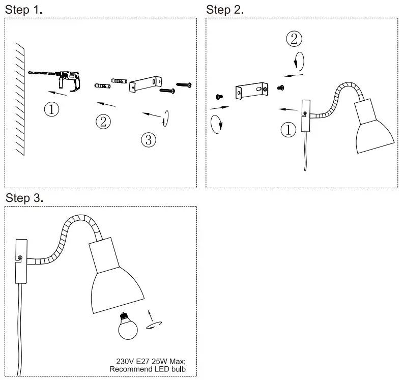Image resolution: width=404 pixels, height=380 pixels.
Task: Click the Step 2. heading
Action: (x=225, y=10)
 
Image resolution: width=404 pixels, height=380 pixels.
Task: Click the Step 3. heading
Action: (x=24, y=198)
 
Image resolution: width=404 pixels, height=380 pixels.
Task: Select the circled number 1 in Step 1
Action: (x=51, y=108)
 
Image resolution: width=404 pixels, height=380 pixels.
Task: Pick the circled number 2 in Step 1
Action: (x=103, y=121)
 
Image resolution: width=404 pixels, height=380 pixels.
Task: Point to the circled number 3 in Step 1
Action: (x=148, y=140)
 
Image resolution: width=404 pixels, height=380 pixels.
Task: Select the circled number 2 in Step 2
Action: (x=294, y=38)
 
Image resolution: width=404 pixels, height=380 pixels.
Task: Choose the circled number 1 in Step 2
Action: (x=288, y=130)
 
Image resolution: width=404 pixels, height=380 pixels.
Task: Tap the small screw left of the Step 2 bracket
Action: (x=219, y=96)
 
